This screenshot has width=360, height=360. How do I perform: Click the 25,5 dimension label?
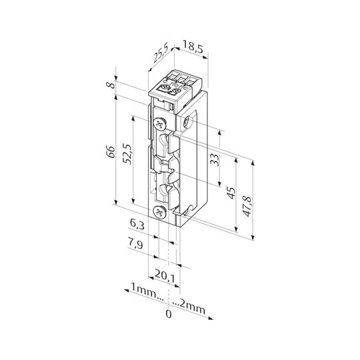[161, 54]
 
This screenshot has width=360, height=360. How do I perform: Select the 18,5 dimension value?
[193, 47]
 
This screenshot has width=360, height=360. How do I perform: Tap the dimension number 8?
[111, 85]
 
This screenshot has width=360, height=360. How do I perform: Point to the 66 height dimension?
[111, 151]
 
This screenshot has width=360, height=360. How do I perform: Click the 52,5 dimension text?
[127, 154]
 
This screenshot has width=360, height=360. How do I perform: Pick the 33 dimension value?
[215, 160]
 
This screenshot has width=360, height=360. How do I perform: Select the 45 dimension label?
[231, 193]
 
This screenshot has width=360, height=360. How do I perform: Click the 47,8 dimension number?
[248, 207]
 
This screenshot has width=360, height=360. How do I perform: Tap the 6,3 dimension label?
[137, 224]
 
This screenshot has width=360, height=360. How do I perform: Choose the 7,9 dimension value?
[135, 244]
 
